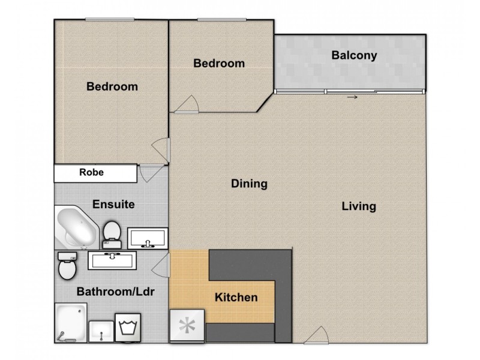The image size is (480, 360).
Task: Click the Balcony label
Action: (354, 55)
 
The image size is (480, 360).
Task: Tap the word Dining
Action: (249, 184)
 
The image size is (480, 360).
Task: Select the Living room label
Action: (359, 206)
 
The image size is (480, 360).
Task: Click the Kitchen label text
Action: (236, 297)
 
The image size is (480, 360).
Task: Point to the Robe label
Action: (92, 172)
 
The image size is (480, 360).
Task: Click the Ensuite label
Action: (113, 204)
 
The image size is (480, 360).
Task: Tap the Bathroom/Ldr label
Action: (115, 292)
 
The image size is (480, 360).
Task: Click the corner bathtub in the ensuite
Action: (77, 227)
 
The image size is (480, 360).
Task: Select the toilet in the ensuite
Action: (112, 235)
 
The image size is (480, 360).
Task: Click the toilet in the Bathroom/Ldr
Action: (67, 265)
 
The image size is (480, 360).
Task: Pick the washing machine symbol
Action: (128, 328)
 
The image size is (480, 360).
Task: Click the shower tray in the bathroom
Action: (71, 323)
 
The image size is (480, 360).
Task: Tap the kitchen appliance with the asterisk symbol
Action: (187, 325)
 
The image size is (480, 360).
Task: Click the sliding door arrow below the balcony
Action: (352, 97)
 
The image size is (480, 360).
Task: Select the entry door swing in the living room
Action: (316, 335)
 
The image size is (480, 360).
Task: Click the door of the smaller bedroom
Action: (187, 104)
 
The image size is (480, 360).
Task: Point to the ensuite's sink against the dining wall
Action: (148, 238)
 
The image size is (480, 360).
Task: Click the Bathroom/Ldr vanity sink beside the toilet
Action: (112, 260)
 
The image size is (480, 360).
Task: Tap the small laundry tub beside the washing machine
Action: (101, 331)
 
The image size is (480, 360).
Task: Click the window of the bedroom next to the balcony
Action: (222, 20)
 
